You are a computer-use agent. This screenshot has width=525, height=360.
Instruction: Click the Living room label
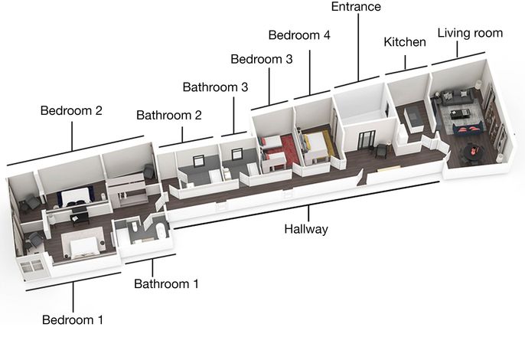coord(470,33)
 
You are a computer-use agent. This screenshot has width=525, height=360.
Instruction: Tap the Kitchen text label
coord(405,42)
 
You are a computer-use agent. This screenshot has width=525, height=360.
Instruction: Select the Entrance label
coord(356,7)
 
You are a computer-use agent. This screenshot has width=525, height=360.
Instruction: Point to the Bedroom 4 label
coord(299,35)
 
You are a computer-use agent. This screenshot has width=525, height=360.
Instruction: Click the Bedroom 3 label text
coord(262,59)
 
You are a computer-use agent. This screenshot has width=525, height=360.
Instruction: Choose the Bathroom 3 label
coord(215,87)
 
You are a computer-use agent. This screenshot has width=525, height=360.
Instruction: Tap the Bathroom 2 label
coord(169,116)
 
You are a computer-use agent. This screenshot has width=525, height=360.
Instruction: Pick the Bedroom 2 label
coord(71,110)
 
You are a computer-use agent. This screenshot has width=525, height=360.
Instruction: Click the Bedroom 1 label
coord(73,319)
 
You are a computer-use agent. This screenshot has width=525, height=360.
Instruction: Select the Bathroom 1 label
coord(166,284)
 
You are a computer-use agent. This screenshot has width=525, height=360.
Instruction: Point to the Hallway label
coord(306,229)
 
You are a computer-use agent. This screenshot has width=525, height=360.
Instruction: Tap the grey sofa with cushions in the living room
coord(457,97)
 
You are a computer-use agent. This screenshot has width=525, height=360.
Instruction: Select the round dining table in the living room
coord(473,152)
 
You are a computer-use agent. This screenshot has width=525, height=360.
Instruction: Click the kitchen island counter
coord(412,118)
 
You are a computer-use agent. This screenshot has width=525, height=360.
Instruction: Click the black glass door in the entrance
coord(367,140)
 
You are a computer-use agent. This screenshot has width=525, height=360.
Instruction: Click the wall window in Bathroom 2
coord(198,161)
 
